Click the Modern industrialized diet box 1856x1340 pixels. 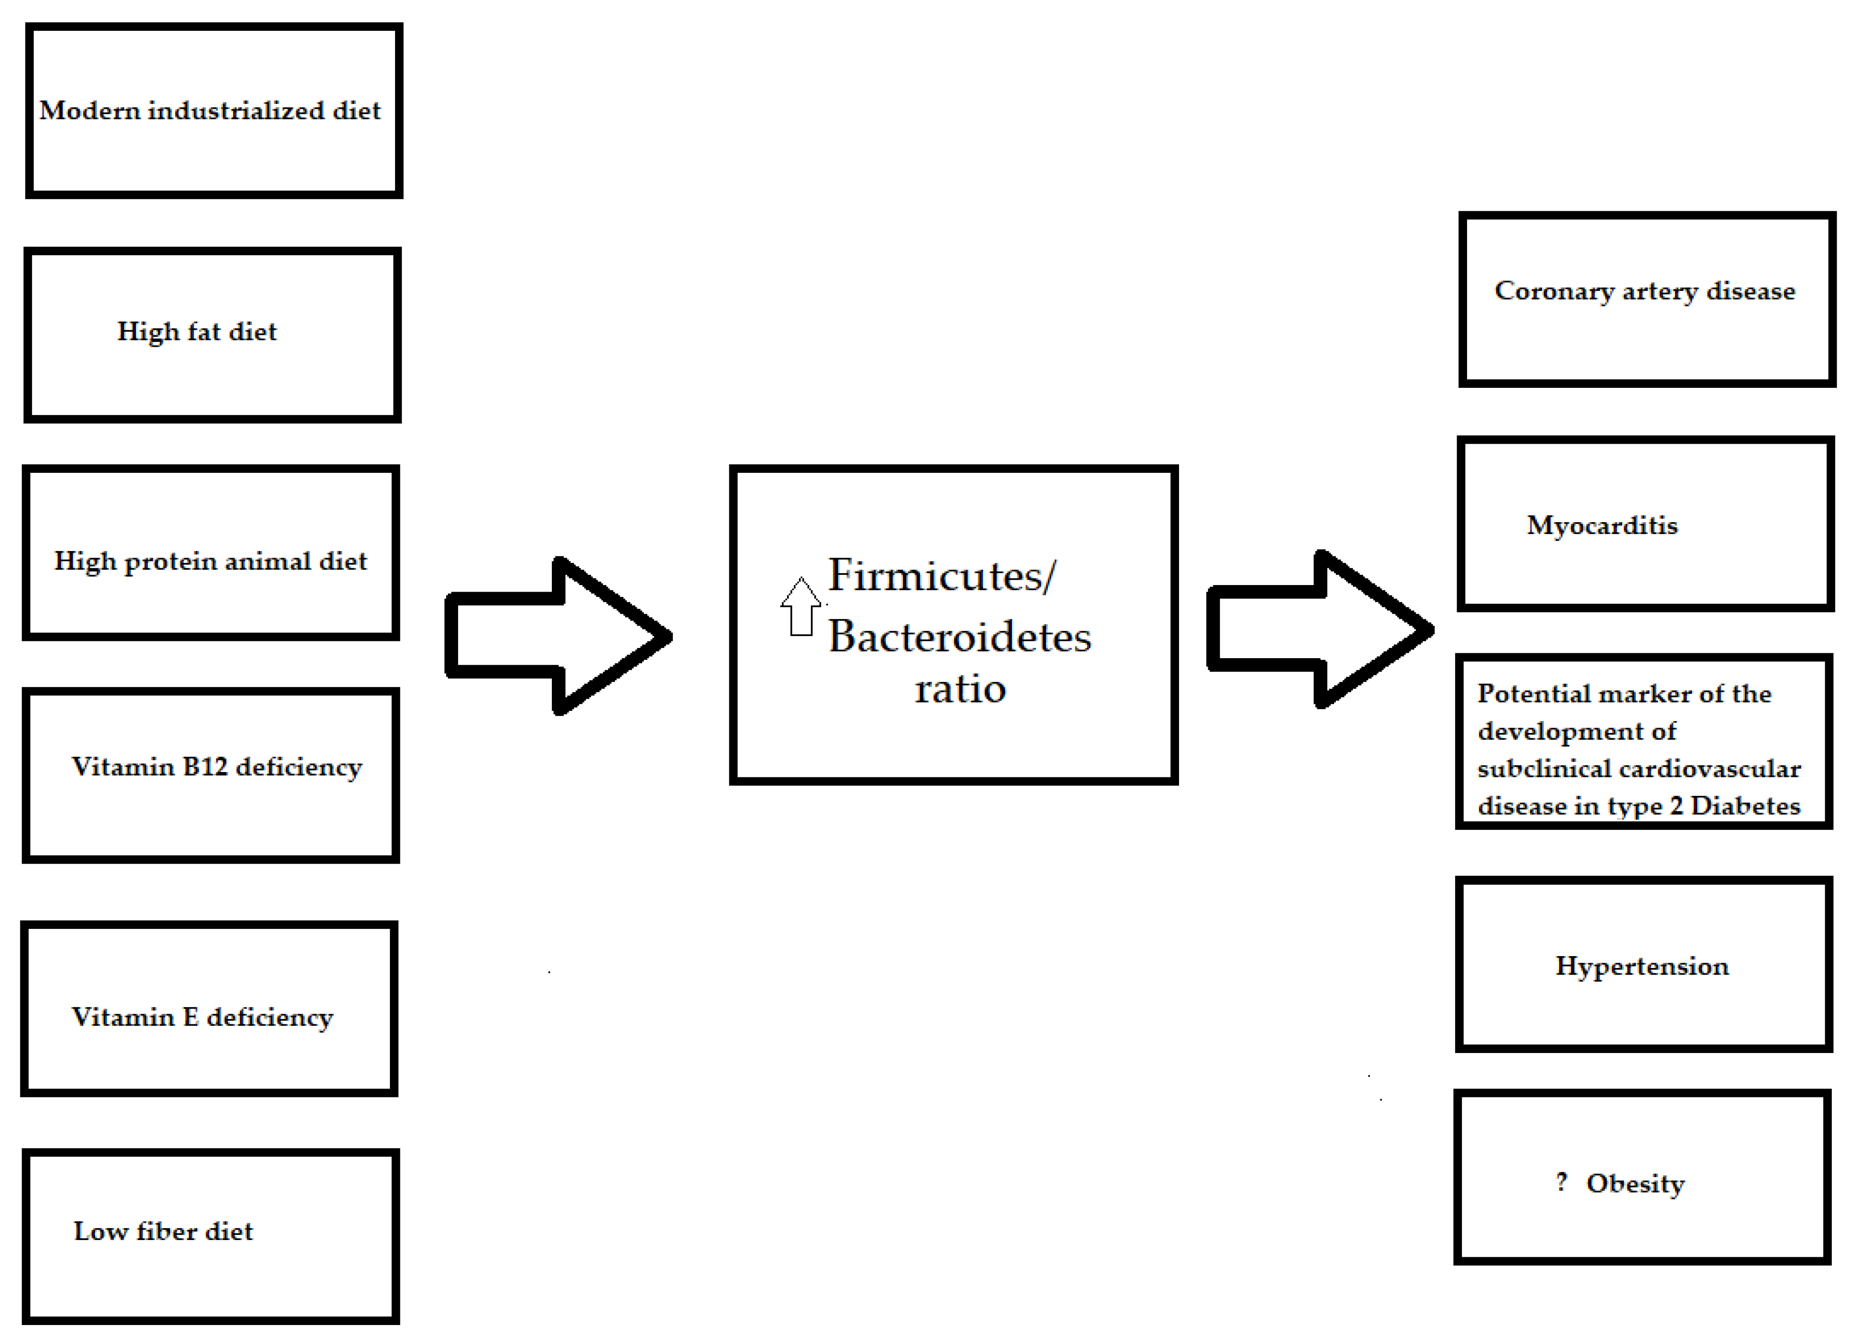point(214,110)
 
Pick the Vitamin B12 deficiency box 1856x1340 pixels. point(211,775)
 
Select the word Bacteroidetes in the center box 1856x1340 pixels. point(959,637)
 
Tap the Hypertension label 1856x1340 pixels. point(1642,966)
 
